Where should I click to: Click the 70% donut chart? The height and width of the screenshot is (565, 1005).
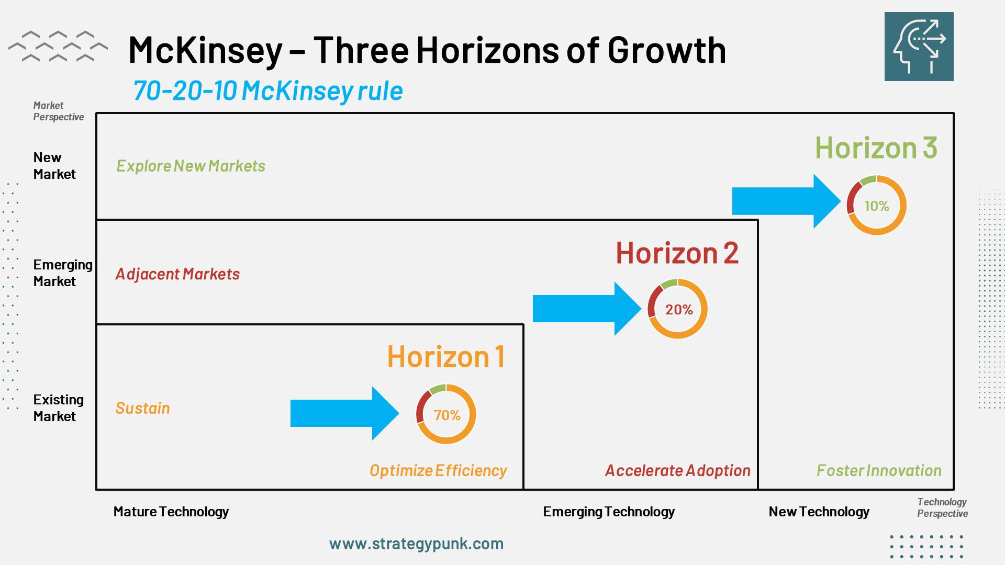tap(446, 414)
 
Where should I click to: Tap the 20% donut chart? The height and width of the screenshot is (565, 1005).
tap(678, 309)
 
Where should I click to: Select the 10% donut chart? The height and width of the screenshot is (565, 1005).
tap(877, 205)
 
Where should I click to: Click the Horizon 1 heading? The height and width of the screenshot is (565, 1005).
tap(446, 357)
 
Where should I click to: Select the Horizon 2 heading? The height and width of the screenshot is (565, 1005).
tap(677, 253)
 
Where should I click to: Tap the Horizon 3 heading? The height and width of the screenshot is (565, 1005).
tap(876, 148)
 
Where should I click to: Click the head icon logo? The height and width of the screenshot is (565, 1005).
tap(919, 47)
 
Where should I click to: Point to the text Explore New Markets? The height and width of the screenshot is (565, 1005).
tap(191, 166)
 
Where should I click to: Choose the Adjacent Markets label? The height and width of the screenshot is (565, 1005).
tap(177, 274)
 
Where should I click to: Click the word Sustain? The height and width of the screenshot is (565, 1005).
tap(142, 408)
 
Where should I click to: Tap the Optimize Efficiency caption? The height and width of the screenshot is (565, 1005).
tap(438, 471)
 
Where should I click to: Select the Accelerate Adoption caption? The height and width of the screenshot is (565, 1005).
tap(678, 471)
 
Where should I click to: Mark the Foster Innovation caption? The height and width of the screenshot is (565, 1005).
tap(879, 471)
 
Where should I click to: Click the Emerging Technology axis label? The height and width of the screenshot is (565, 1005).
tap(609, 512)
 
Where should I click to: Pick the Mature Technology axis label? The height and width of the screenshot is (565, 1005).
tap(171, 512)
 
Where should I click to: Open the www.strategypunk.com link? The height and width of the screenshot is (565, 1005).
tap(416, 544)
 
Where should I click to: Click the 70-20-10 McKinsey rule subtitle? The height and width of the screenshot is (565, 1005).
tap(268, 91)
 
